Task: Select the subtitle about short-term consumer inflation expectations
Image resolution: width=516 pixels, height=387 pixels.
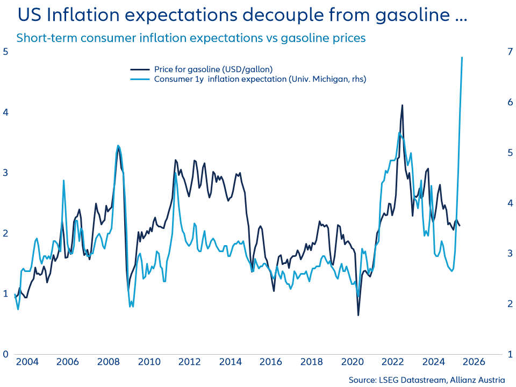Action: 191,38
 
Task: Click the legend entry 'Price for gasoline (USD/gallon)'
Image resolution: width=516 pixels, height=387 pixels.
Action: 213,69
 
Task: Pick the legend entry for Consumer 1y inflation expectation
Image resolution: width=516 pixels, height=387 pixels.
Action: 260,79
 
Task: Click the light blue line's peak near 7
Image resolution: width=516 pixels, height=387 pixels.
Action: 462,58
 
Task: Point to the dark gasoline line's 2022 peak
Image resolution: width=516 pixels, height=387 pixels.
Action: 402,105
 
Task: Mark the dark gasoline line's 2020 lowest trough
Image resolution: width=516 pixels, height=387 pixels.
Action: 358,314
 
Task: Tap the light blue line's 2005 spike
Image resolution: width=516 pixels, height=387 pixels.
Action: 63,181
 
